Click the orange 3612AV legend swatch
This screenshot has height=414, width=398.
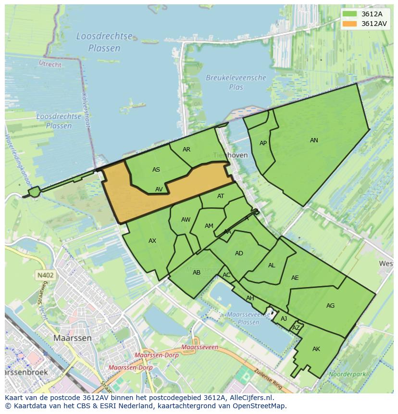pos(350,24)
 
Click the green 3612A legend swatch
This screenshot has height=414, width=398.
pos(350,14)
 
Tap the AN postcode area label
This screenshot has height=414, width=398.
pos(314,140)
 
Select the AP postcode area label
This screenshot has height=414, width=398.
pos(263,143)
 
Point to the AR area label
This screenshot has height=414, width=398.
pos(187,150)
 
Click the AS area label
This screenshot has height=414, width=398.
pos(156,170)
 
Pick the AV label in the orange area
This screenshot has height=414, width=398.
pos(159,189)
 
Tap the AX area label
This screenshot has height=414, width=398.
pos(152,241)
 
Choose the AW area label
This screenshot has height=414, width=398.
pos(186,220)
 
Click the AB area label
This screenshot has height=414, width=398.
pos(197,273)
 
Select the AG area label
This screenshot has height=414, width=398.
pos(330,306)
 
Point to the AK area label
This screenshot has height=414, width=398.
pos(316,349)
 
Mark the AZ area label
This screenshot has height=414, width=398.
pos(296,328)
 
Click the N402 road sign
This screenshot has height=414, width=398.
pos(45,276)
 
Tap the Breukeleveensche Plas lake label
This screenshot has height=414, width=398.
pos(236,82)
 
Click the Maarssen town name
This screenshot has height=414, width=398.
pos(72,338)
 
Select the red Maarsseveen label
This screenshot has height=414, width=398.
pos(200,347)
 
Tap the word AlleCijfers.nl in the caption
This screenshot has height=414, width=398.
pos(250,398)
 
